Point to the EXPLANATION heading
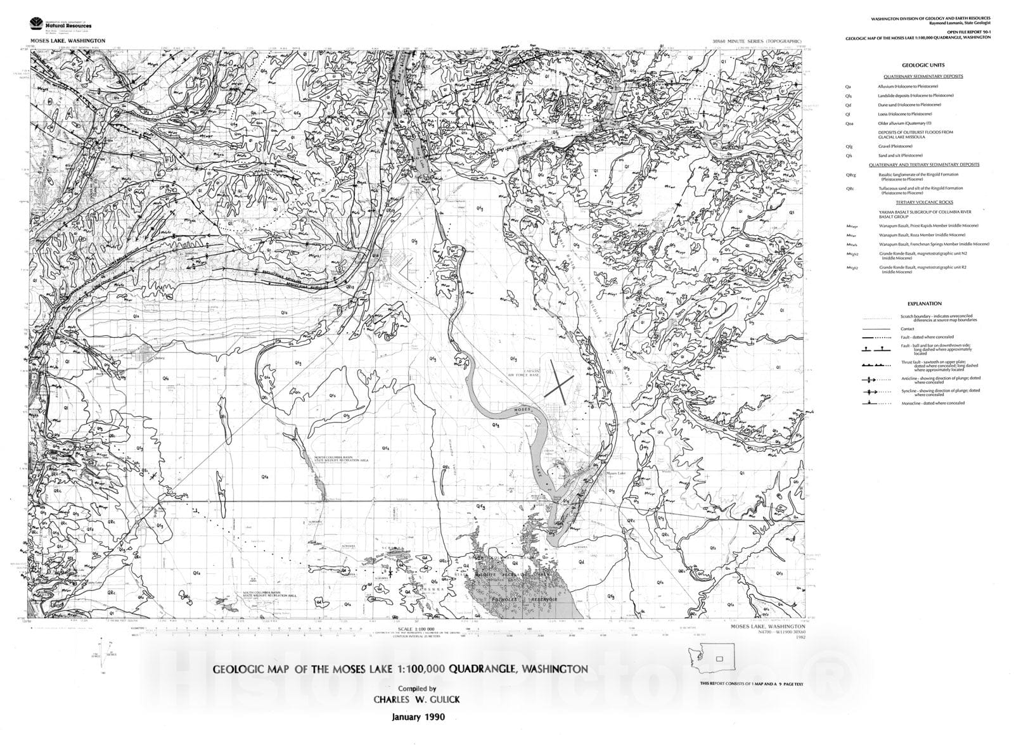click(x=924, y=304)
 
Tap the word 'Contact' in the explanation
click(x=907, y=329)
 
